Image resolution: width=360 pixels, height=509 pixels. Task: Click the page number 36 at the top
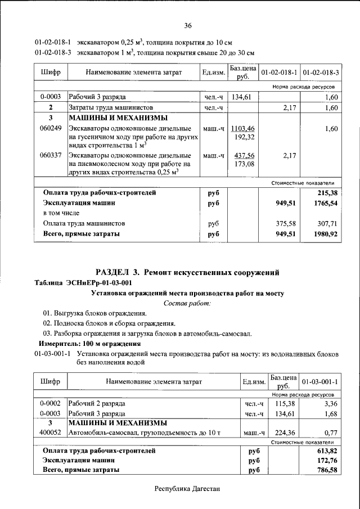click(x=188, y=25)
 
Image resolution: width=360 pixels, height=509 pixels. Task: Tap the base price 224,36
click(x=284, y=433)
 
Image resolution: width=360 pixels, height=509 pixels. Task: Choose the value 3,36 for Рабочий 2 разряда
click(x=329, y=404)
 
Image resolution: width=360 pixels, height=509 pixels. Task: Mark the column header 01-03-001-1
click(x=319, y=382)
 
